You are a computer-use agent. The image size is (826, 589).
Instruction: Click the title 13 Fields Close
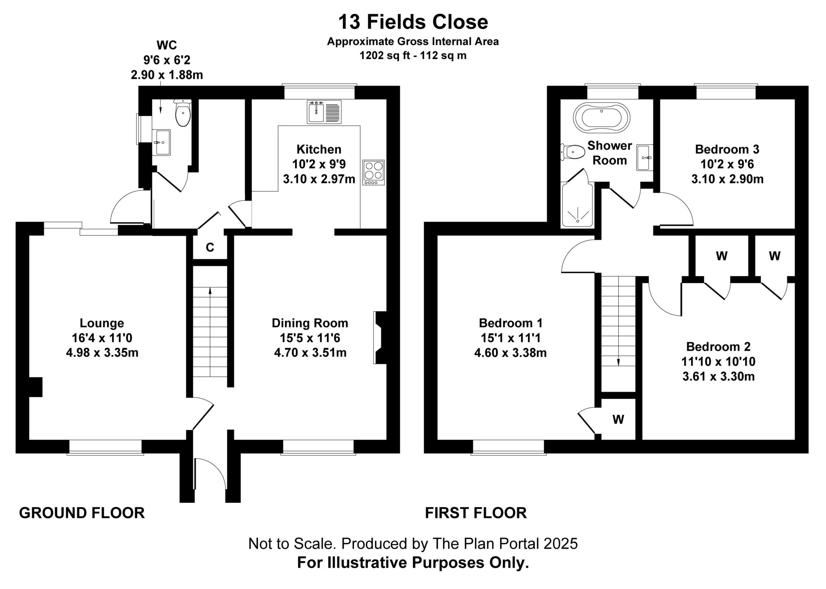[413, 22]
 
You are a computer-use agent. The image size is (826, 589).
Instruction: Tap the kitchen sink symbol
[324, 112]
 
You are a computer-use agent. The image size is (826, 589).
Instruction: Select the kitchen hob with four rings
[373, 172]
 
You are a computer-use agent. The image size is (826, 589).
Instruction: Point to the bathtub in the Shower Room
[601, 118]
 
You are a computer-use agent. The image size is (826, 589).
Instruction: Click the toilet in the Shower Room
[573, 152]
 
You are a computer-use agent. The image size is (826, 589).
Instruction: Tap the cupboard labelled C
[210, 248]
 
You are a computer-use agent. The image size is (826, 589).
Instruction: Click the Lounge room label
[102, 323]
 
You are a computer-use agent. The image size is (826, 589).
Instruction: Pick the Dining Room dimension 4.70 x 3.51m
[310, 353]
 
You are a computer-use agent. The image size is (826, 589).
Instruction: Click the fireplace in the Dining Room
[379, 337]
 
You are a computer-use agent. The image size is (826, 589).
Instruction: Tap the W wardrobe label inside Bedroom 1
[618, 420]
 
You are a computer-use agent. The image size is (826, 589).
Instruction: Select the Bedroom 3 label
[727, 150]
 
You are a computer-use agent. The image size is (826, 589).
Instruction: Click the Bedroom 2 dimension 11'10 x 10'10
[718, 362]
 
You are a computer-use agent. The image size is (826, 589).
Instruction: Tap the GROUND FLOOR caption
[82, 513]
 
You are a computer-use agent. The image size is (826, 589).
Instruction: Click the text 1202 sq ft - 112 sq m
[413, 56]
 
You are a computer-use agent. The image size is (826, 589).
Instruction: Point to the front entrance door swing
[210, 474]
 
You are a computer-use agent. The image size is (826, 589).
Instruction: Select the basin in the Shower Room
[644, 158]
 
